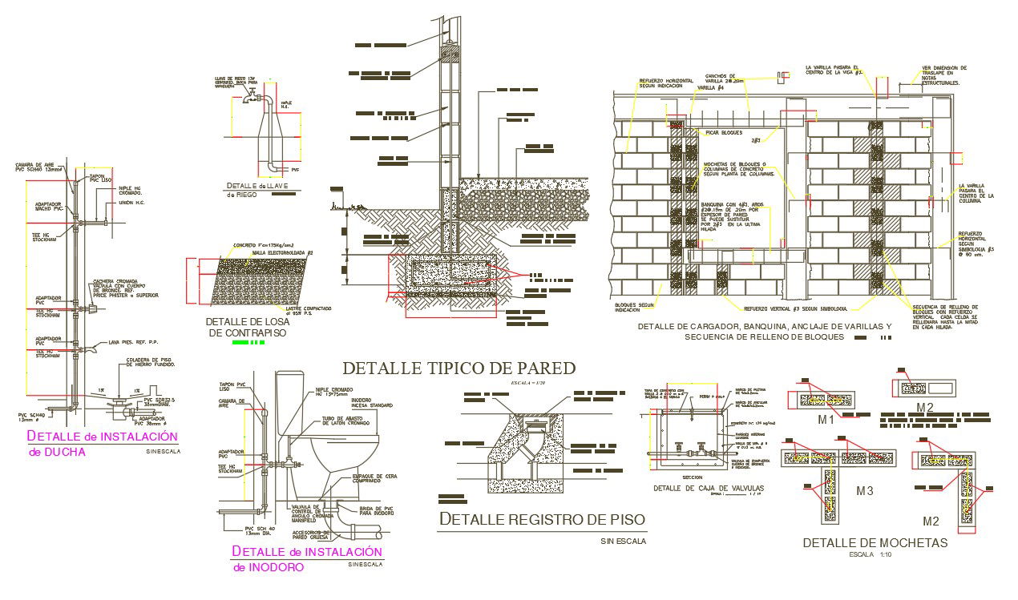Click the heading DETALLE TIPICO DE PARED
coord(459,368)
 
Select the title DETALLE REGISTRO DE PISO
coord(542,519)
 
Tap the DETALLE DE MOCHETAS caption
coord(875,542)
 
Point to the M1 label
coord(826,420)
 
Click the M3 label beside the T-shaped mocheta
coord(865,490)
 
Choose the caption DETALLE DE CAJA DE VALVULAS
coord(709,488)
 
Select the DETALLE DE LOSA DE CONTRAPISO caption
coord(246,327)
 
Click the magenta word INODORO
coord(269,567)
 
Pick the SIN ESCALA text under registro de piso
coord(623,542)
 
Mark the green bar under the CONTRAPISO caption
coord(248,343)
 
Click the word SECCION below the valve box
coord(693,476)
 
